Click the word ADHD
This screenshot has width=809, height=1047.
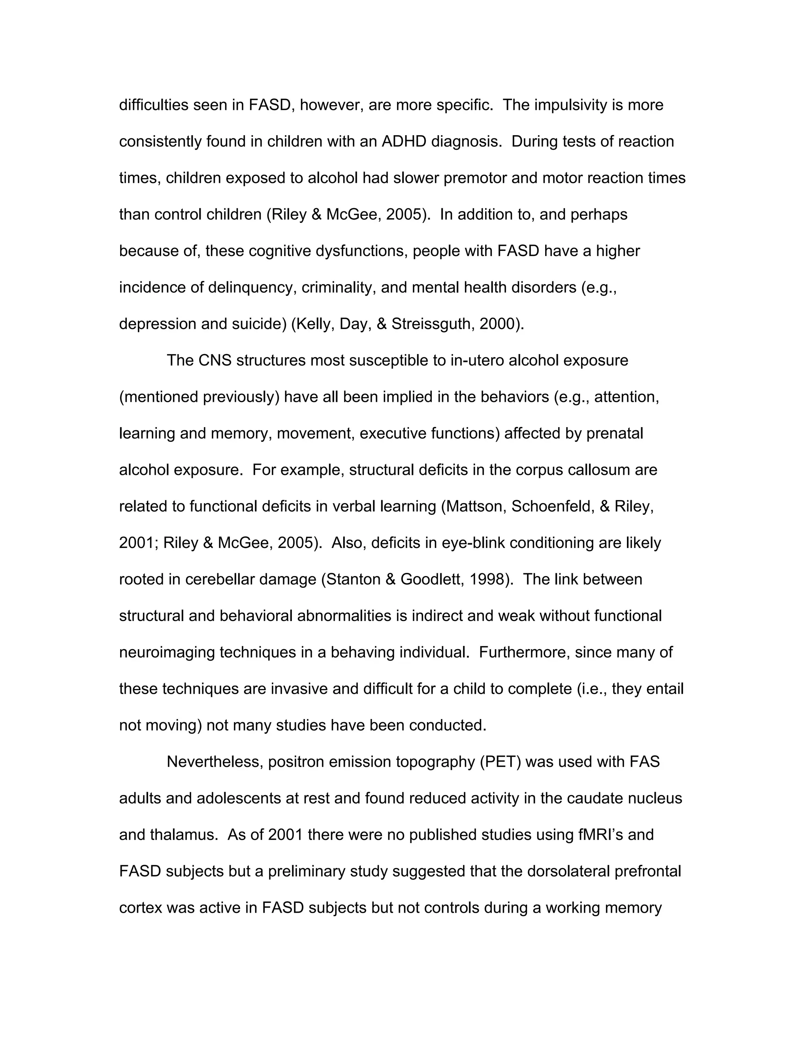point(404,142)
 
